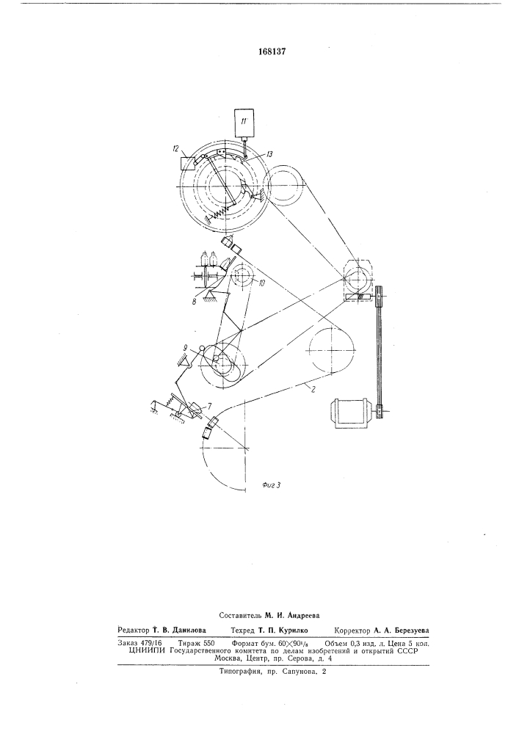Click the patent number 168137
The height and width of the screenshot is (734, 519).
click(272, 51)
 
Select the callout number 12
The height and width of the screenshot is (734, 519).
click(176, 149)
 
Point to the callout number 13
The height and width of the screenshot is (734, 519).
click(270, 153)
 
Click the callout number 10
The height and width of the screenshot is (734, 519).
click(261, 282)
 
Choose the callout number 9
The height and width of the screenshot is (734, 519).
click(186, 348)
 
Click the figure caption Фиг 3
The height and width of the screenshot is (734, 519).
click(270, 485)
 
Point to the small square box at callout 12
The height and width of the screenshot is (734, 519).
click(188, 164)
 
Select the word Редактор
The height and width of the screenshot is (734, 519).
click(134, 630)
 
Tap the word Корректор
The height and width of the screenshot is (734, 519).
click(352, 630)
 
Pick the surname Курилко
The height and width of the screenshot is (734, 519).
click(292, 630)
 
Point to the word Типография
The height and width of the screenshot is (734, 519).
click(238, 672)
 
